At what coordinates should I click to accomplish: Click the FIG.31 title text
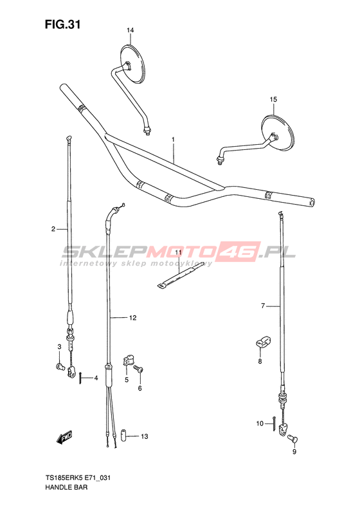coord(62,24)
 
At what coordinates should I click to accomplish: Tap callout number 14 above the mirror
coord(130,30)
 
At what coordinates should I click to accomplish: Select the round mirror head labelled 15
coord(278,133)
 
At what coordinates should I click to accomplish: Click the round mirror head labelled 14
coord(132,62)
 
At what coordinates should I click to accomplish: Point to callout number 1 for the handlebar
coord(173,139)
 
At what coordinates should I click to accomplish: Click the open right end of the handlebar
coord(312,202)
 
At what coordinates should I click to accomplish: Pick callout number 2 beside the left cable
coord(53,229)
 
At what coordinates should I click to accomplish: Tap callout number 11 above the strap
coord(178,252)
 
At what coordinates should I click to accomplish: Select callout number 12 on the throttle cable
coord(132,318)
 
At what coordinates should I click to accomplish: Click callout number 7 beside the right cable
coord(263,306)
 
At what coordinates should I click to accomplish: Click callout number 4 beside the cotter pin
coord(96,378)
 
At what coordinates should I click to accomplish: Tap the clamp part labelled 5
coord(127,360)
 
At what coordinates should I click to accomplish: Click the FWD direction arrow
coord(64,438)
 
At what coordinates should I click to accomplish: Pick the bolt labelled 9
coord(293,440)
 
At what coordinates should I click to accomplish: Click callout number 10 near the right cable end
coord(260,423)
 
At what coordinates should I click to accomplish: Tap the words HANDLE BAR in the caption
coord(66,487)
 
